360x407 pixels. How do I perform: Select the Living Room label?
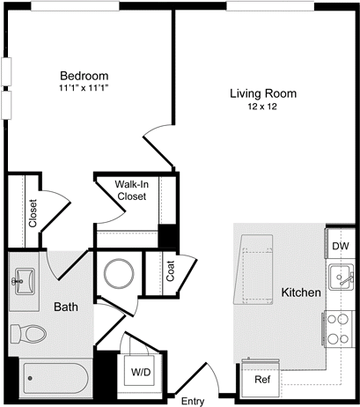pos(263,93)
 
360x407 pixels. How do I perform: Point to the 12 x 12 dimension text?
pos(263,107)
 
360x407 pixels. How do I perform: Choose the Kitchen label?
pos(300,292)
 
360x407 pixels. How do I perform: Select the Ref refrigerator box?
pos(261,380)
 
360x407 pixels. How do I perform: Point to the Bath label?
pos(67,307)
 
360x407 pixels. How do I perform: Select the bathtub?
pos(52,381)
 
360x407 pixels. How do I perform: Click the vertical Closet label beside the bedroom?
pos(33,212)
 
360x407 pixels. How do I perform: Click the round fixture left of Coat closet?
pos(118,273)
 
